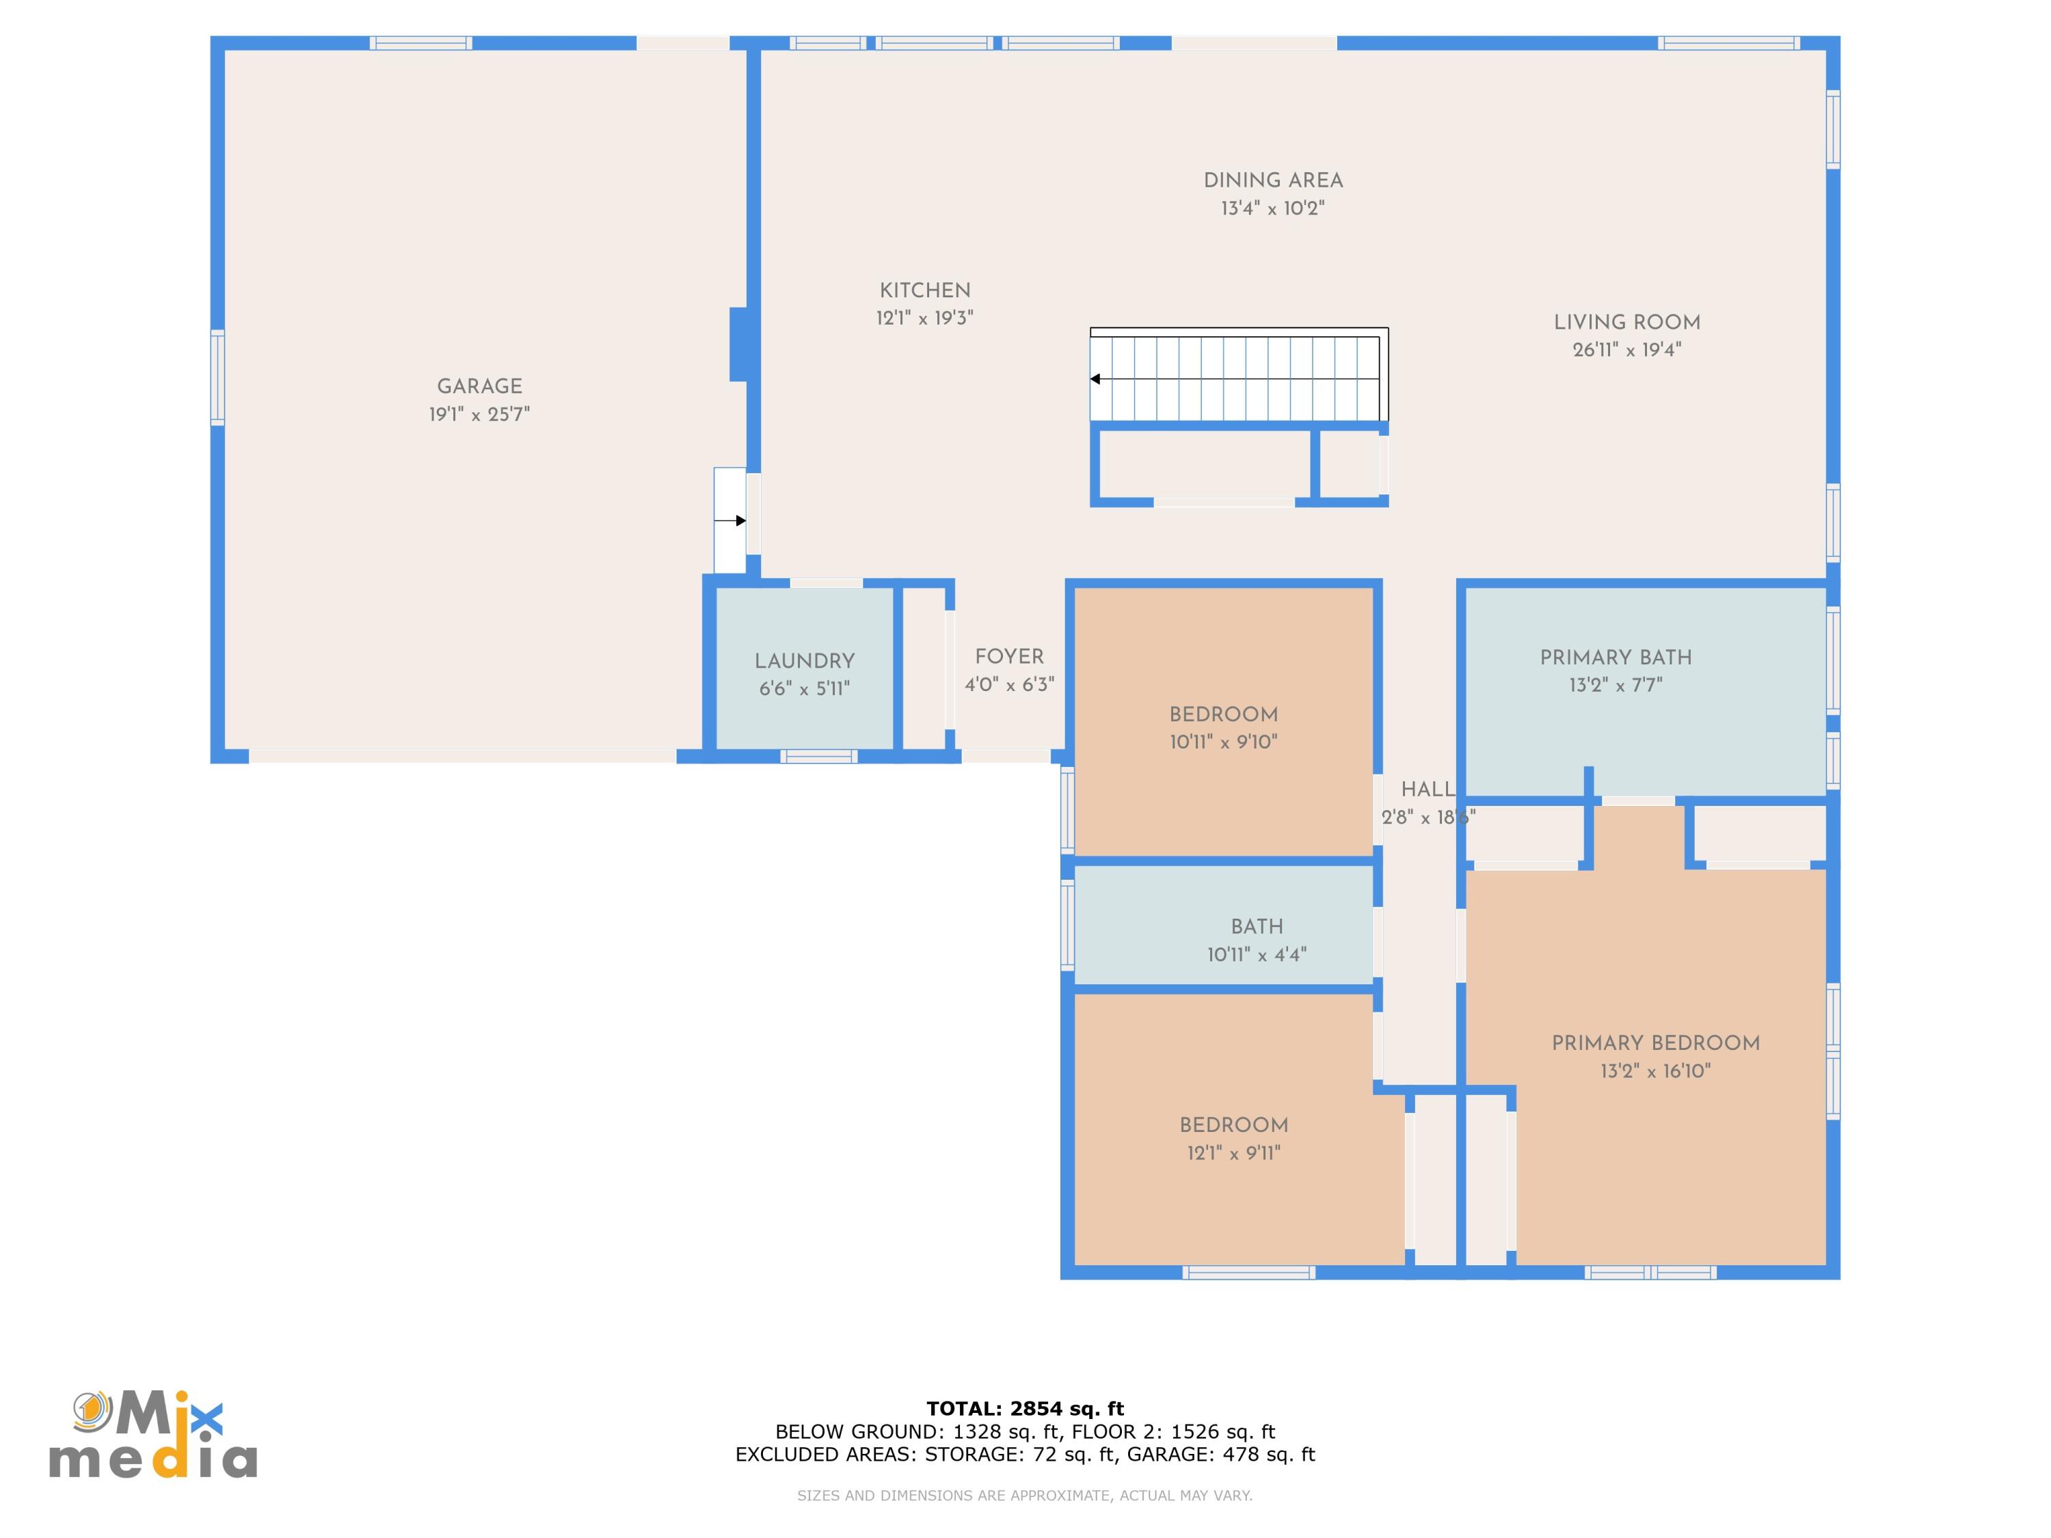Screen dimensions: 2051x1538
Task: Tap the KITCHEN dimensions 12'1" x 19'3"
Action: point(924,318)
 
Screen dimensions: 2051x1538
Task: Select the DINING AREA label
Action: point(1273,180)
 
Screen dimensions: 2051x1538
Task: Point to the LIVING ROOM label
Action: point(1627,323)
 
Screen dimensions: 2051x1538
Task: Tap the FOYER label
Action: point(1010,656)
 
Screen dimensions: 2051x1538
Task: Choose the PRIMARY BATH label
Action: point(1616,658)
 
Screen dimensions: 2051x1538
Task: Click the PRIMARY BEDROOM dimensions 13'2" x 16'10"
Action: point(1656,1070)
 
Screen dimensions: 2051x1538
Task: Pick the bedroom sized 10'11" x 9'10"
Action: point(1223,721)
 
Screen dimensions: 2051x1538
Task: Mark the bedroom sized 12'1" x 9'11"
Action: point(1239,1129)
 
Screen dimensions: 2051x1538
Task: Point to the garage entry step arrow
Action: point(729,521)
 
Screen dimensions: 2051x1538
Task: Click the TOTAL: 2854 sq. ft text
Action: point(1025,1409)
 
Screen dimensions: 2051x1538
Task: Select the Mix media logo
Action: point(153,1434)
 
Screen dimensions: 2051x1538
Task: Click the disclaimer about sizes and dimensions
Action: point(1025,1496)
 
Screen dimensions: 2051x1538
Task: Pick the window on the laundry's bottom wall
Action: point(819,757)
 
